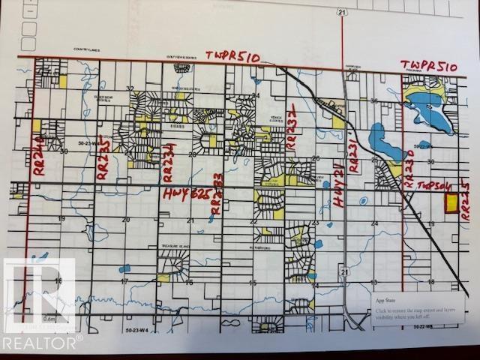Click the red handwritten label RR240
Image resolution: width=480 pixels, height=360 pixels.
[36, 152]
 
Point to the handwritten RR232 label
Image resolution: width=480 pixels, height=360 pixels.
[292, 127]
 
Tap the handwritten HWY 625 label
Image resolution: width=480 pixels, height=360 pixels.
[184, 194]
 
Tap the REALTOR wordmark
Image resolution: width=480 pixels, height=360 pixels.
[42, 343]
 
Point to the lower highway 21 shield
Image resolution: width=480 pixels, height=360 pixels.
[342, 268]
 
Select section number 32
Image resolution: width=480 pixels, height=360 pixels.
[130, 88]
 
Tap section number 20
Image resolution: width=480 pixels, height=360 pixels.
[126, 219]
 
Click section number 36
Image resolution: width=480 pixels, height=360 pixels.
[373, 100]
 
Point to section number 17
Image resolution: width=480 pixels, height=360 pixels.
[125, 282]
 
